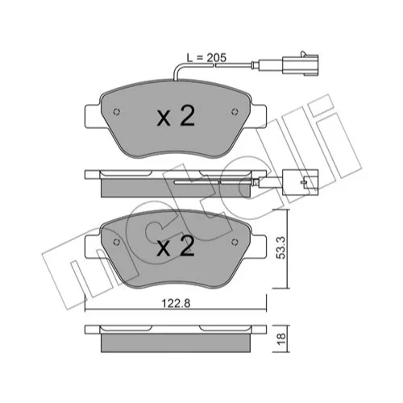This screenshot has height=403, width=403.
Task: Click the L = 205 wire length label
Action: point(206,57)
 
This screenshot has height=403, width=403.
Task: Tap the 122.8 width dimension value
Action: point(176,303)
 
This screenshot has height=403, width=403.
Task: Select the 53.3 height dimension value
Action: point(281,247)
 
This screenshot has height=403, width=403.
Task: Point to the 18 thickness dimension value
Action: point(281,339)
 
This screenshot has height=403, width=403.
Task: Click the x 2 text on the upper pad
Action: point(176,116)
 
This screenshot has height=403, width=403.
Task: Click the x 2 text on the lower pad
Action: point(176,246)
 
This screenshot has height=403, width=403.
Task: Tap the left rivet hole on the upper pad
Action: point(117,112)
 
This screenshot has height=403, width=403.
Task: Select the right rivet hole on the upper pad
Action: point(235,111)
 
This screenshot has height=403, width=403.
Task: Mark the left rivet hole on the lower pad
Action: point(117,242)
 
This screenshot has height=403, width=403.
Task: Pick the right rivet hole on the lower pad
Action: point(235,242)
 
